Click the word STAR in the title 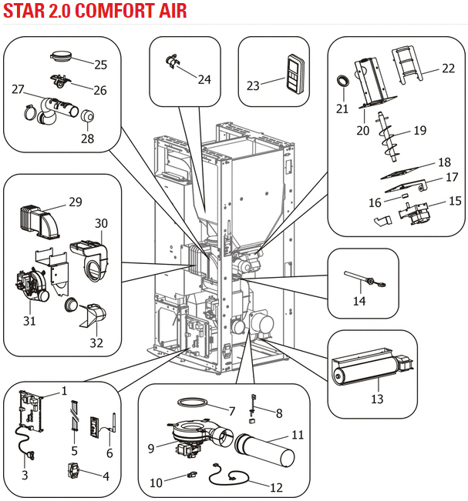(x=25, y=11)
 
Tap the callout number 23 (x=253, y=85)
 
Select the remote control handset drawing (x=295, y=74)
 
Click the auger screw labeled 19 (x=389, y=137)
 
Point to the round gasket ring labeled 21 (x=343, y=81)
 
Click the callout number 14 (x=359, y=301)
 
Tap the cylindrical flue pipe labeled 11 (x=264, y=450)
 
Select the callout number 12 (x=277, y=488)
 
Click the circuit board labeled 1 (x=31, y=411)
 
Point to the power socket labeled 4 (x=73, y=471)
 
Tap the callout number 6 (x=109, y=453)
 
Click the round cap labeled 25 (x=61, y=56)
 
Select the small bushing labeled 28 (x=87, y=115)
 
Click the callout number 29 (x=76, y=202)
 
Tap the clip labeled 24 (x=172, y=61)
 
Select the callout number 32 (x=96, y=342)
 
